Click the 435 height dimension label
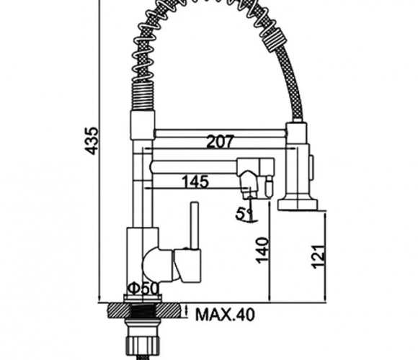pos(92,141)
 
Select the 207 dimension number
pos(221,141)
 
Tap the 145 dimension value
pos(195,182)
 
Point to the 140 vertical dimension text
pos(262,251)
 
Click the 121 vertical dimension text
pos(319,256)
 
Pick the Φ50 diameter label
pos(143,288)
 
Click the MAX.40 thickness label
pos(226,315)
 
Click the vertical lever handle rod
pos(195,225)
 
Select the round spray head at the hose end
pos(297,204)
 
